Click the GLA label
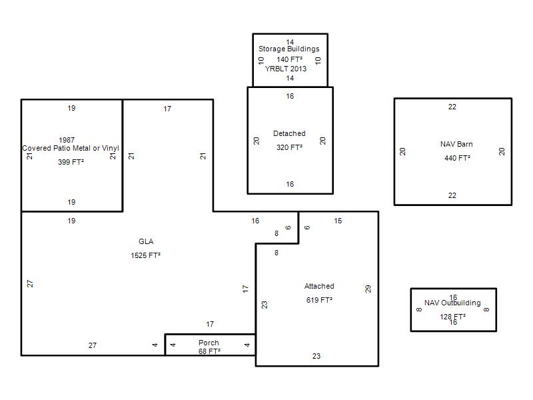[146, 241]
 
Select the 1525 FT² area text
[145, 255]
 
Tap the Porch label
[209, 343]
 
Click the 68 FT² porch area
[209, 351]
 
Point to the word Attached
[319, 286]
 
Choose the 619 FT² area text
[319, 300]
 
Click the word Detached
[289, 133]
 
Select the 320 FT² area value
[289, 147]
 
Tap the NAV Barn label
[456, 144]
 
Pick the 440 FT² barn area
[457, 158]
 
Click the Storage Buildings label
[289, 49]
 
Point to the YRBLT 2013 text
[286, 69]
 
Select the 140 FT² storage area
[289, 59]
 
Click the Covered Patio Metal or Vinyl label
[71, 148]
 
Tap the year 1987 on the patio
[67, 140]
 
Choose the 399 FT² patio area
[71, 162]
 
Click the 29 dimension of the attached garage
[368, 289]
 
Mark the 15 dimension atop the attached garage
[338, 221]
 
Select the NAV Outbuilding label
[452, 303]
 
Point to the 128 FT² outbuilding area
[453, 317]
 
